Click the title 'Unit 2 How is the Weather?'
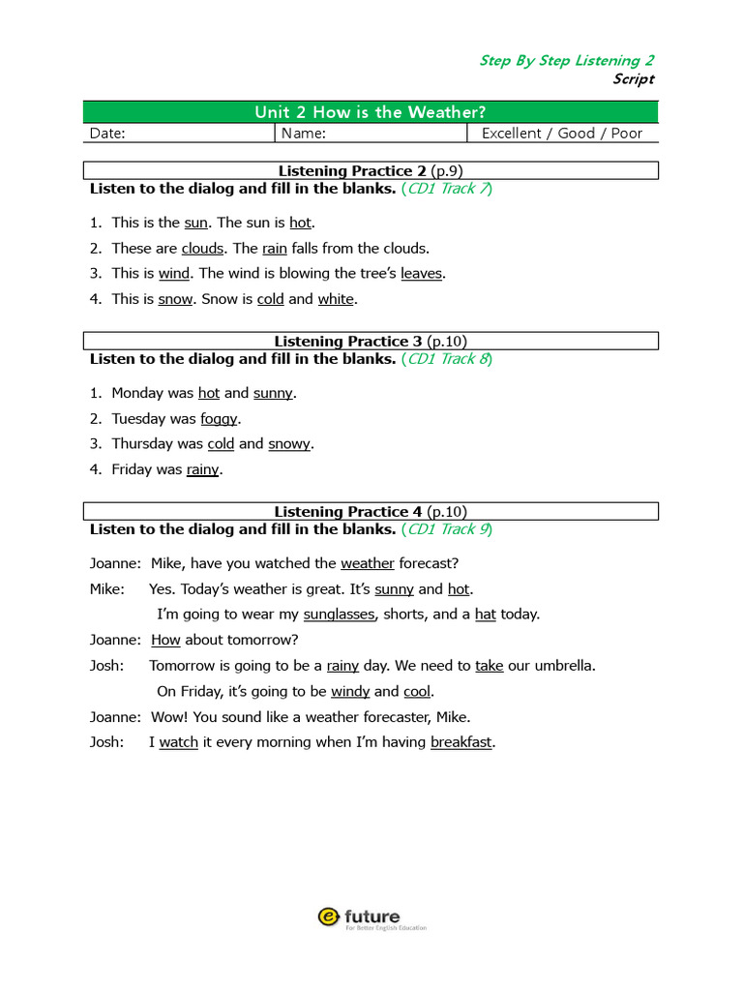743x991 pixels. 371,112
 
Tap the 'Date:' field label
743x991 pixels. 107,134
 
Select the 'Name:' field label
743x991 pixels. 304,134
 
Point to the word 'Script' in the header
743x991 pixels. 633,79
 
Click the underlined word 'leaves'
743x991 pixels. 422,274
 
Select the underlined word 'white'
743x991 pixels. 336,299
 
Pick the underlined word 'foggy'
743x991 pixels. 219,419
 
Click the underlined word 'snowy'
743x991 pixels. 289,444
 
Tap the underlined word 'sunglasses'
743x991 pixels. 339,615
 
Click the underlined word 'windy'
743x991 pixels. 350,692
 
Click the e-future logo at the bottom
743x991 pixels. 371,917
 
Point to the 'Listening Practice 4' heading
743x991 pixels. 348,512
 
